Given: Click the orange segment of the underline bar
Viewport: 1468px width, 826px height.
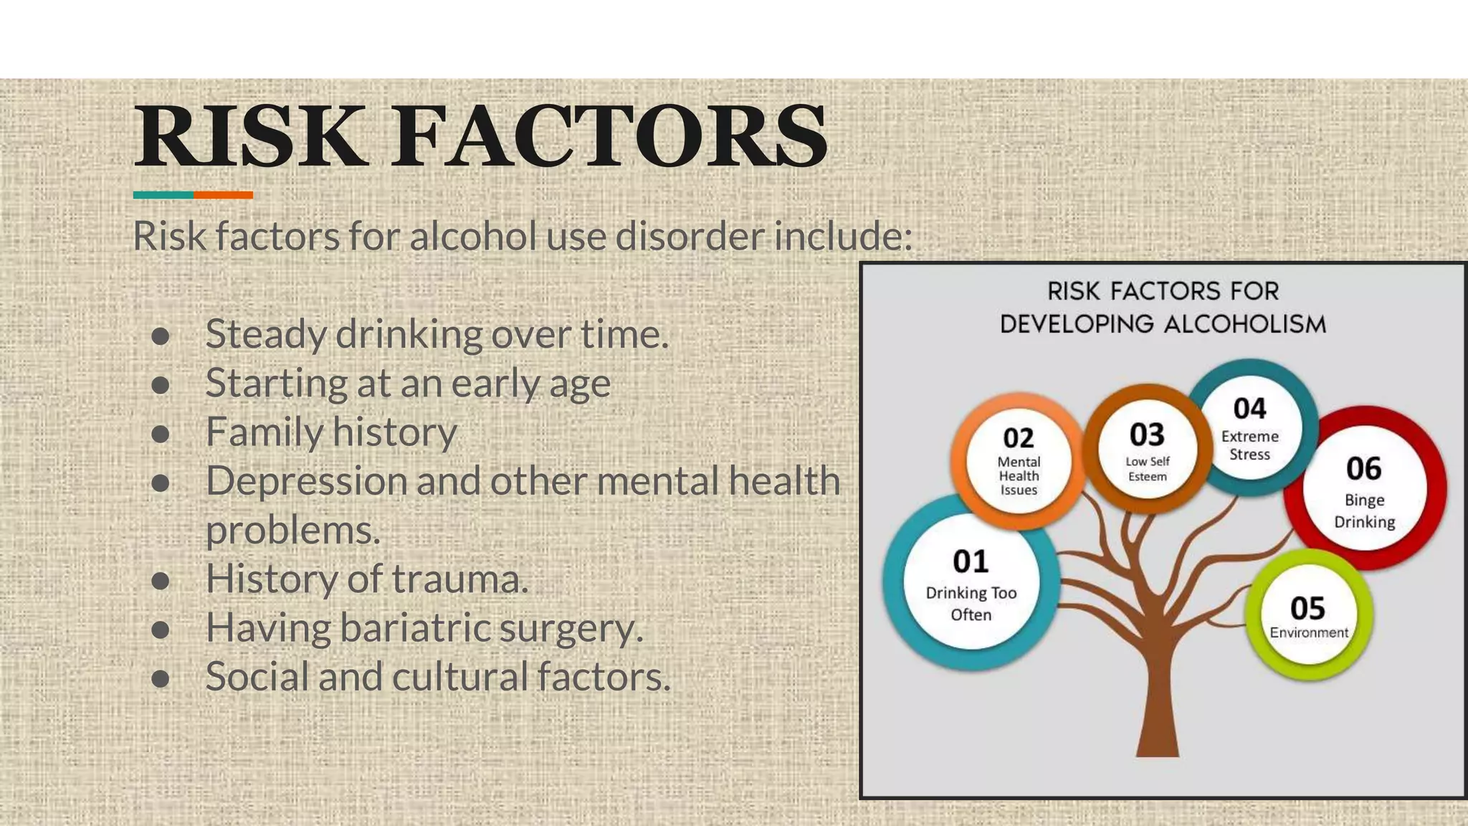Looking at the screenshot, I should [223, 195].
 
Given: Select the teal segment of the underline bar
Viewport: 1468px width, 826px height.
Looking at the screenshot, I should [163, 195].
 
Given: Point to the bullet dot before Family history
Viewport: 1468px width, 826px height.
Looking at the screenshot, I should [161, 434].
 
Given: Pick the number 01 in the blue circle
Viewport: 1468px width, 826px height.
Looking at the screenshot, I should [971, 561].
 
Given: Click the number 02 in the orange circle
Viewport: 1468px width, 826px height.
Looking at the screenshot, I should [1019, 438].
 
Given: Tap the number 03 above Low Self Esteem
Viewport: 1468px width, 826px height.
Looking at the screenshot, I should [1147, 435].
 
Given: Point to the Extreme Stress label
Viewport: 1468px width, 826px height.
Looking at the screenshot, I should [1249, 445].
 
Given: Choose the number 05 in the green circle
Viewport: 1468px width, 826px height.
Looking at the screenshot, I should [1307, 608].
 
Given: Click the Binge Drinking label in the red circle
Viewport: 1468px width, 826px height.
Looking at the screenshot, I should [1364, 511].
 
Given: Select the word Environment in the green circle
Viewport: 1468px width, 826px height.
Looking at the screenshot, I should [1309, 632].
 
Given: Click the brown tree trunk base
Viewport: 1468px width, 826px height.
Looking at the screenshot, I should [1158, 739].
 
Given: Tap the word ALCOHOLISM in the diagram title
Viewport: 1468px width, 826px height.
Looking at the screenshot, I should [1244, 324].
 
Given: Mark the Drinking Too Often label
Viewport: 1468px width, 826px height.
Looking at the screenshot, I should [971, 604].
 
